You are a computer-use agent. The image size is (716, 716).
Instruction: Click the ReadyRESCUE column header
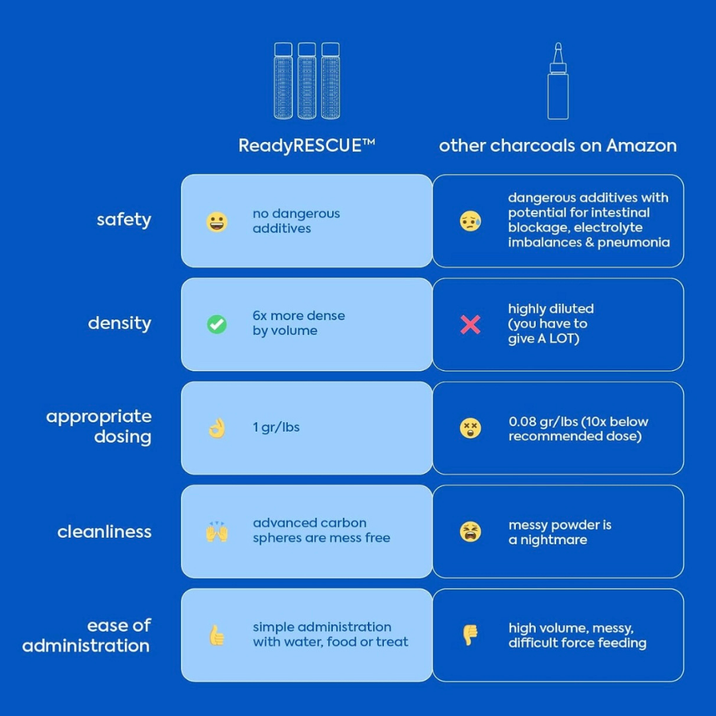306,145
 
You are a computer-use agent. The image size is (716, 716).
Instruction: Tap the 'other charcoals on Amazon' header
558,145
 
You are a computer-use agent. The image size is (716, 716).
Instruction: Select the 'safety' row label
124,219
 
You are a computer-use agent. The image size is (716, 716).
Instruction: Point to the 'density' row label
119,323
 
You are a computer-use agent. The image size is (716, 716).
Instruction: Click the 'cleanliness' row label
104,532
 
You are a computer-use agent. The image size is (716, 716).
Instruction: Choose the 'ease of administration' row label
87,635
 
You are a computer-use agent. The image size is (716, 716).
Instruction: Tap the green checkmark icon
217,324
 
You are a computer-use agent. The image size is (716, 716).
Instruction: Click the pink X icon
471,324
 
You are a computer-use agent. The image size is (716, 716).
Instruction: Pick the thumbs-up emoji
217,635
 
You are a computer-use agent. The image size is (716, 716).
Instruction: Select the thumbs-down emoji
471,635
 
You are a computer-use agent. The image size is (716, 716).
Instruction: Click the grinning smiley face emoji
217,221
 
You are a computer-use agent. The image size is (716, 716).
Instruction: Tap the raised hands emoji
217,532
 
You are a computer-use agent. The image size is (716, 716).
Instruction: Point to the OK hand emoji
217,428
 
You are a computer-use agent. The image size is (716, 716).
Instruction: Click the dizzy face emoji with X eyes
471,428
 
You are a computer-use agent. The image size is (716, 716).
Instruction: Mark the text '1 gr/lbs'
276,428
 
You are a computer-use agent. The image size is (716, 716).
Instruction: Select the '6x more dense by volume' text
298,323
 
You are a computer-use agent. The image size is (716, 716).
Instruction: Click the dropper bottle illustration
558,83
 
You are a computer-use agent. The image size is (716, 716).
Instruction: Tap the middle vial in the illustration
306,82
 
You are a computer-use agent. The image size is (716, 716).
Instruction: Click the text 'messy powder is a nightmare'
560,532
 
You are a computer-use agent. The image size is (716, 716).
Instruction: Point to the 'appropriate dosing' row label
99,426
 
